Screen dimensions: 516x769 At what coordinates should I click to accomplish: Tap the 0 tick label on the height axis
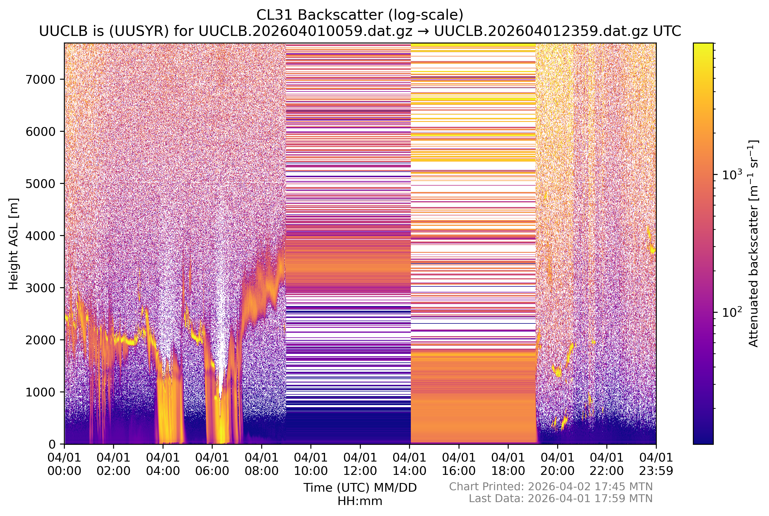(52, 444)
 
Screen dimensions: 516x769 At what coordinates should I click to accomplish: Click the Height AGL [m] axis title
(14, 244)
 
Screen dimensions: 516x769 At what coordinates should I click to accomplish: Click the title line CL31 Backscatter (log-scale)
(360, 15)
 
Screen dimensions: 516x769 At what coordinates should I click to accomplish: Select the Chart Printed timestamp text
(551, 487)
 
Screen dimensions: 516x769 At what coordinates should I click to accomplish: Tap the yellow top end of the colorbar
(703, 46)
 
